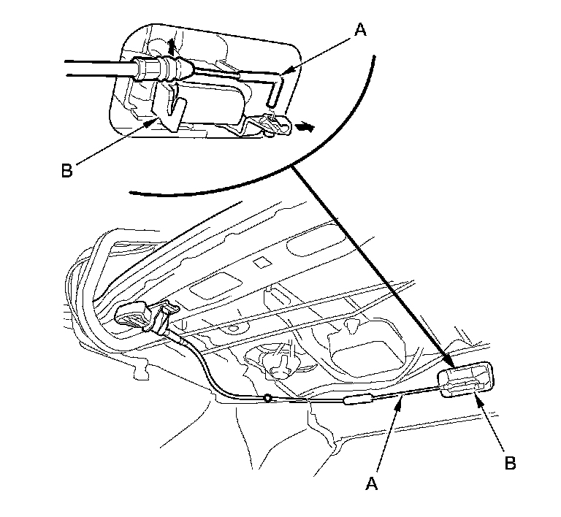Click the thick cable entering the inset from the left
[95, 68]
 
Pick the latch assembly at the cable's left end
[146, 318]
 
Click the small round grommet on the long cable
[268, 399]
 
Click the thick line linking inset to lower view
[365, 263]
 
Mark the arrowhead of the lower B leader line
[478, 394]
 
